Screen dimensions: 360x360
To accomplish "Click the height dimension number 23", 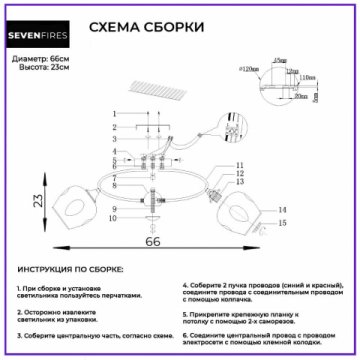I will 34,201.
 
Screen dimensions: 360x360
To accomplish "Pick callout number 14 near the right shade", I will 283,209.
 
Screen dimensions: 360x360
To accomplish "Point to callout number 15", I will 283,226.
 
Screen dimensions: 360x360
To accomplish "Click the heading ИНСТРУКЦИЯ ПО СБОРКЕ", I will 70,270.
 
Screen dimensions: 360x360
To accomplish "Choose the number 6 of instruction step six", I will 185,338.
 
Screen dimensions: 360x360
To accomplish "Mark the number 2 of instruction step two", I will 20,311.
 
